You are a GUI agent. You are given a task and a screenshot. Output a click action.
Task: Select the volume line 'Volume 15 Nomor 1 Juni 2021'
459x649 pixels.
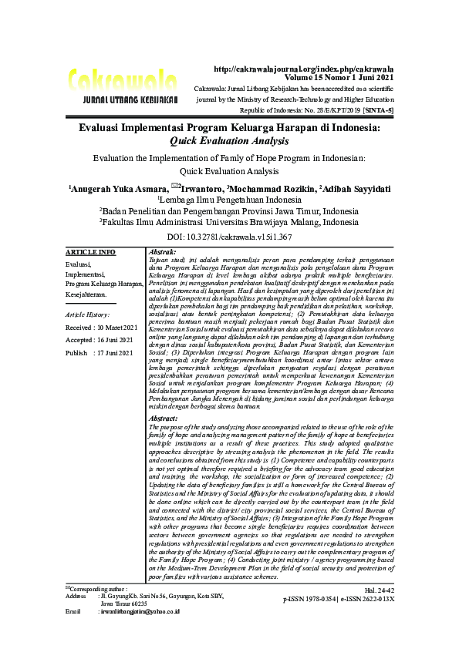(x=339, y=78)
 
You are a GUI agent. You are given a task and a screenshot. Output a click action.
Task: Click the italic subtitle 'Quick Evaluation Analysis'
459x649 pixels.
(x=229, y=142)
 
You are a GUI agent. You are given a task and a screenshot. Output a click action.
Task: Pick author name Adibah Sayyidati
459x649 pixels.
(x=356, y=189)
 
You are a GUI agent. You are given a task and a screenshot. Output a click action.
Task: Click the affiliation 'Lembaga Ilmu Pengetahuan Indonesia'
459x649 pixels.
(x=230, y=199)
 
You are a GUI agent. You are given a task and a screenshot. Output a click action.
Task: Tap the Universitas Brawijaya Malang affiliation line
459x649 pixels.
(x=229, y=221)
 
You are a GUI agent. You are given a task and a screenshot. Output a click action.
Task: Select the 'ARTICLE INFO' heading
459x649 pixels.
(x=90, y=252)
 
